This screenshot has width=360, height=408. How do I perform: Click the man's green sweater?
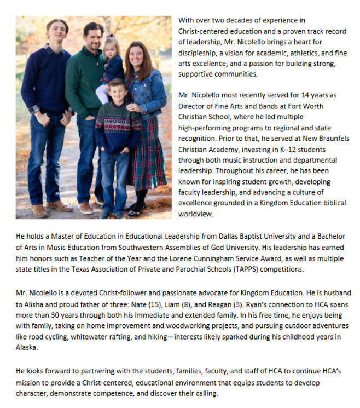coord(83,82)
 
